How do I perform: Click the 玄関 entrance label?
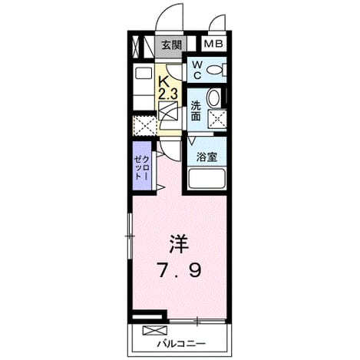171,45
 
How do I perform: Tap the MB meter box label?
213,44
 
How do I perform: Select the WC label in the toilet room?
197,70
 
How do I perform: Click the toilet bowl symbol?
215,70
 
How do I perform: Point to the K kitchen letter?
163,82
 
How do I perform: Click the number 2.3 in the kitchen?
168,94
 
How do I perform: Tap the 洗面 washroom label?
196,111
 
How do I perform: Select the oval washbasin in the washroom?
213,98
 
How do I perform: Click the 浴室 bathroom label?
206,157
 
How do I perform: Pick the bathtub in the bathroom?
206,179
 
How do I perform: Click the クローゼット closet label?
141,167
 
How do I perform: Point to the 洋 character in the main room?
179,244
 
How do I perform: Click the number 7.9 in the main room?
180,270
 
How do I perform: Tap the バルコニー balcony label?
181,343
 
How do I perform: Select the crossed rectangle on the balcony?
155,330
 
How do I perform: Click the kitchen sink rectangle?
144,74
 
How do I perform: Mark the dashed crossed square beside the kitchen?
144,126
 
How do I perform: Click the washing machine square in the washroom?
217,118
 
